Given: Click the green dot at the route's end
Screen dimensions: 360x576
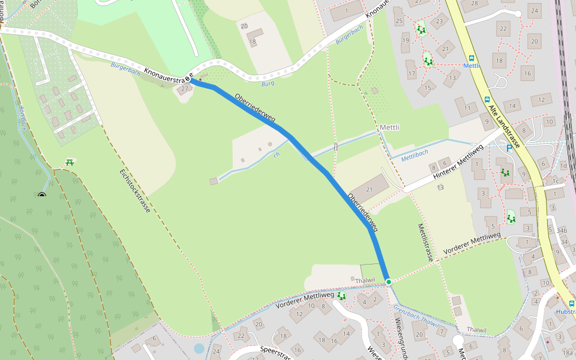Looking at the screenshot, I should pyautogui.click(x=389, y=281).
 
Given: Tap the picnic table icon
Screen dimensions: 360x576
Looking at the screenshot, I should pyautogui.click(x=70, y=162).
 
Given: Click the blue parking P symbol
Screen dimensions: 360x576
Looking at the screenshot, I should pyautogui.click(x=509, y=148).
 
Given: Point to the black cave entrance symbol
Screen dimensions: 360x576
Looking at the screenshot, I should pyautogui.click(x=41, y=194).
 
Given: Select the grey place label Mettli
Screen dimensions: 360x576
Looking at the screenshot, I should pyautogui.click(x=389, y=128).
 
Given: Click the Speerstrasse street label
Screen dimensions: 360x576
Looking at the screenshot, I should pyautogui.click(x=269, y=353).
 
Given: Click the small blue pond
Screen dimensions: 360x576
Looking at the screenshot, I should pyautogui.click(x=199, y=348).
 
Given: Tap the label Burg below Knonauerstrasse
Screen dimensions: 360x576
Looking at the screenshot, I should pyautogui.click(x=268, y=83).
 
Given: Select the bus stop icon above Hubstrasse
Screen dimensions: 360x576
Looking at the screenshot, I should pyautogui.click(x=571, y=304).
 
